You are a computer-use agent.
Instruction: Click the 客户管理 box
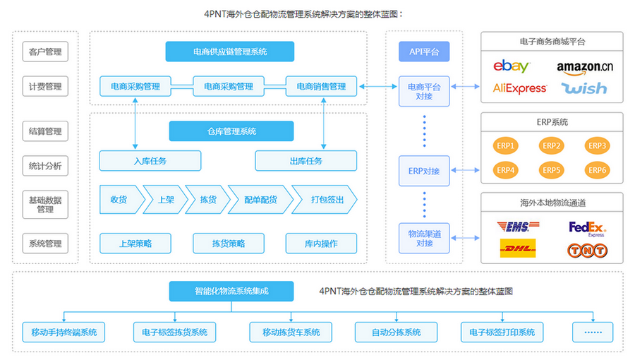pyautogui.click(x=45, y=52)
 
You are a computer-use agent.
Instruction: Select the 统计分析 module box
pyautogui.click(x=45, y=167)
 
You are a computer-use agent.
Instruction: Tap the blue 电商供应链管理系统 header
pyautogui.click(x=229, y=52)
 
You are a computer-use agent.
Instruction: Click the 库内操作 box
pyautogui.click(x=322, y=244)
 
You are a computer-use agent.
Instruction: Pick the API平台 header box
pyautogui.click(x=424, y=52)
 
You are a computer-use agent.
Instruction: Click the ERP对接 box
pyautogui.click(x=424, y=170)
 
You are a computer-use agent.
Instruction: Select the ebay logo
pyautogui.click(x=512, y=66)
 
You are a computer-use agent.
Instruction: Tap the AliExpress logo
pyautogui.click(x=520, y=88)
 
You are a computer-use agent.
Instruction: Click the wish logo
pyautogui.click(x=584, y=88)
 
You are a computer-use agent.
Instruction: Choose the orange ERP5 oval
pyautogui.click(x=552, y=170)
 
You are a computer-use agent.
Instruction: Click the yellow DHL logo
pyautogui.click(x=518, y=248)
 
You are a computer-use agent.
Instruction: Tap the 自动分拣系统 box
pyautogui.click(x=397, y=332)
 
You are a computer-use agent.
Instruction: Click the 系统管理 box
pyautogui.click(x=45, y=244)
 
